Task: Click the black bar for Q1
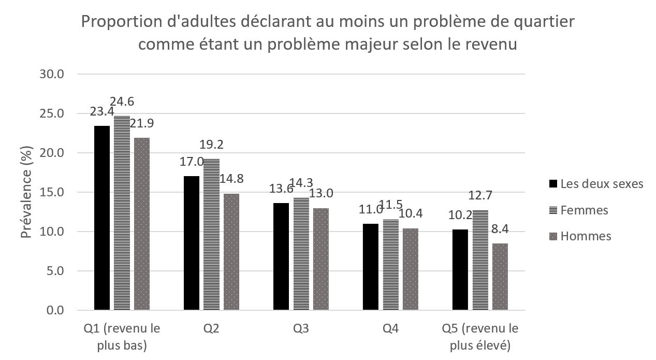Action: click(101, 218)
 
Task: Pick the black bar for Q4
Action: click(371, 267)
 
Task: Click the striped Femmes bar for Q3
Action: click(301, 254)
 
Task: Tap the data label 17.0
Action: click(191, 162)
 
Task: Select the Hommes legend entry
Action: click(586, 236)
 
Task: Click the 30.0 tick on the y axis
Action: click(52, 74)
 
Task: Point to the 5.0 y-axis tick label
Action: click(55, 271)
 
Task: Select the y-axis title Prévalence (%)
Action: click(26, 192)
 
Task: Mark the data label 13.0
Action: click(322, 193)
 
